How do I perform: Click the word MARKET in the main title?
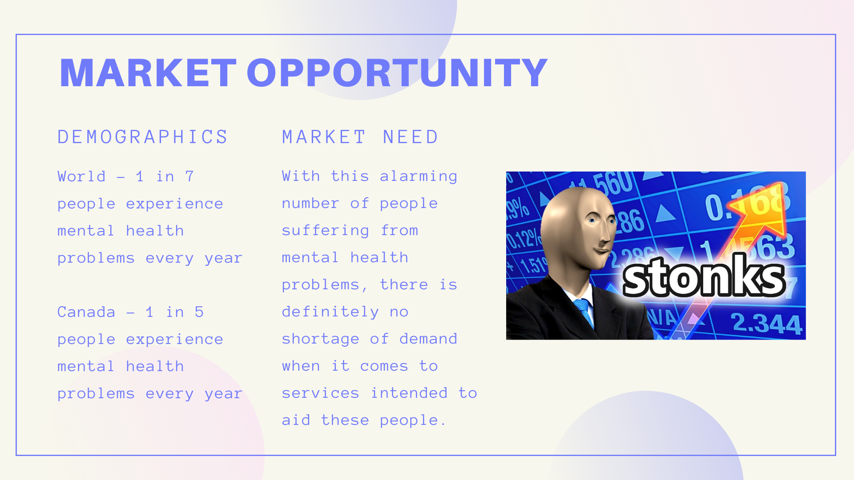(148, 73)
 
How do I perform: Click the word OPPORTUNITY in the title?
(397, 73)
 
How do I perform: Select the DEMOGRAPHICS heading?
(143, 137)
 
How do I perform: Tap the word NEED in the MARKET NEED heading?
(411, 137)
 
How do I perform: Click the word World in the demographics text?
(82, 176)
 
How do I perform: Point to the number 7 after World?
(189, 176)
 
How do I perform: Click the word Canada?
(86, 312)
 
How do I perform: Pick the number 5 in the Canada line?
(199, 312)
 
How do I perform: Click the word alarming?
(419, 177)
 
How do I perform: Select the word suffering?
(326, 231)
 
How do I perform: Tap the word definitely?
(330, 312)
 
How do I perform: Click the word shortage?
(321, 340)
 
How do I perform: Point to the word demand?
(428, 339)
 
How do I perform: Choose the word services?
(321, 393)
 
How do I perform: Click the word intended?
(409, 393)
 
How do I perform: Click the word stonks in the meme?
(704, 276)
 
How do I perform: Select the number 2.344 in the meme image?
(767, 323)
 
